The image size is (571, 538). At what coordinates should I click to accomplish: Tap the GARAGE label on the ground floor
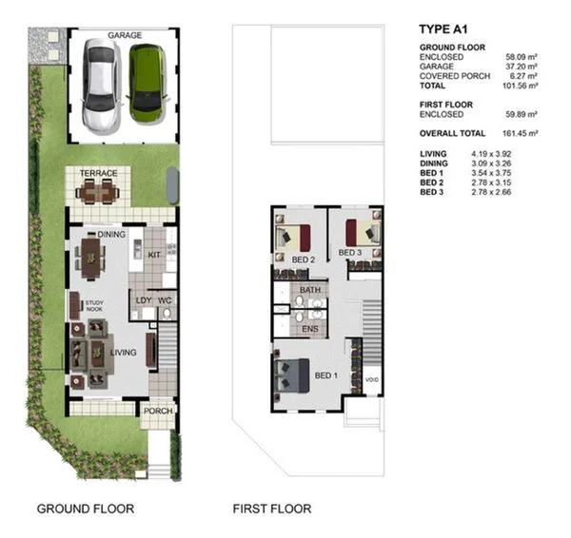coord(125,35)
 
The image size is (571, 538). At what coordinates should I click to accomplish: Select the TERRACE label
coord(98,173)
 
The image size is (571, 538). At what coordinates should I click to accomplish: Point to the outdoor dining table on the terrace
coord(98,193)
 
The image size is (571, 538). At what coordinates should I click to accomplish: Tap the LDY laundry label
coord(144,300)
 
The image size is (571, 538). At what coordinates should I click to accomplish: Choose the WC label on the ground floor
coord(165,300)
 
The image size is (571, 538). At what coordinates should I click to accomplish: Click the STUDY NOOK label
coord(94,306)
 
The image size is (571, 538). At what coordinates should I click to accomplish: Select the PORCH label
coord(158,412)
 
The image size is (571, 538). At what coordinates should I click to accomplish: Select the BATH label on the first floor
coord(309,290)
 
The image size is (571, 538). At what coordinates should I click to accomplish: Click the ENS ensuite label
coord(309,328)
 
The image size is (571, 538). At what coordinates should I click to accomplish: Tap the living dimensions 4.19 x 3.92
coord(492,153)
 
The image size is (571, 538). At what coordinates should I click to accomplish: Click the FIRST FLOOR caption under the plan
coord(271,509)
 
